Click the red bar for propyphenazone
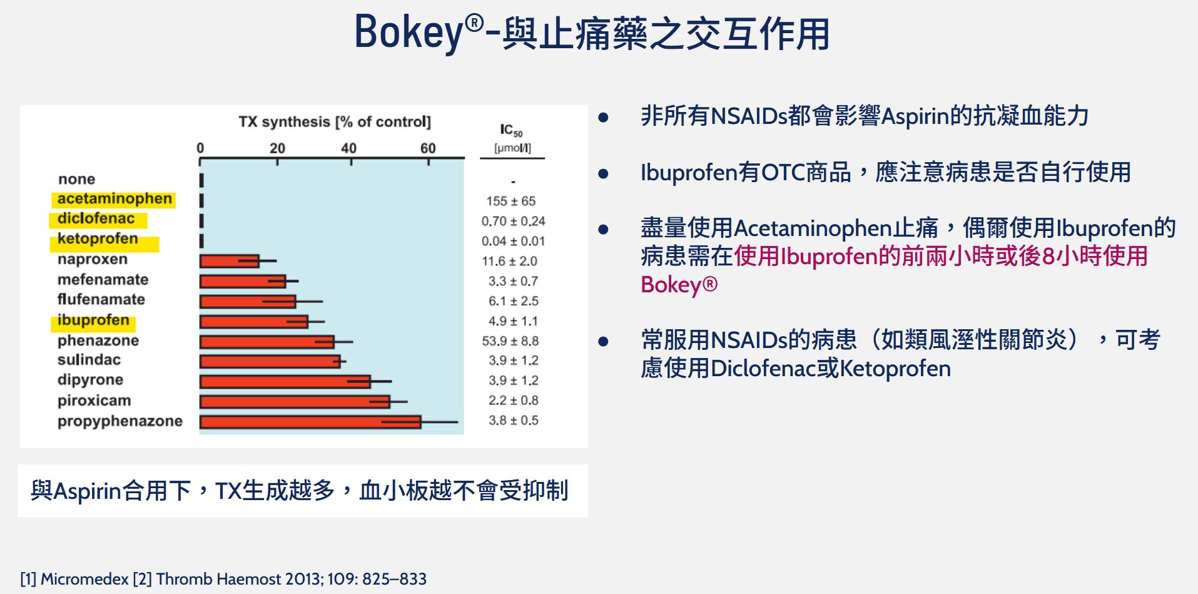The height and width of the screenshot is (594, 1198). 310,422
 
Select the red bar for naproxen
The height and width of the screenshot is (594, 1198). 229,261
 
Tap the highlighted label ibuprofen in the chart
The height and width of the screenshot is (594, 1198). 93,320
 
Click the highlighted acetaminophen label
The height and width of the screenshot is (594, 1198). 114,199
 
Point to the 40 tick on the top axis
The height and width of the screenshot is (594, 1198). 348,148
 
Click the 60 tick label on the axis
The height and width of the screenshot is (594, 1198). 428,148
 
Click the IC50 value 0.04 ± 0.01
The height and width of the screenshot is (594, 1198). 513,241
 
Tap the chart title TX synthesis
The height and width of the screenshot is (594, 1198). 335,121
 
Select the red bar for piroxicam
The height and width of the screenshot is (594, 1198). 294,401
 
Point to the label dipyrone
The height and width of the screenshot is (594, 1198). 90,380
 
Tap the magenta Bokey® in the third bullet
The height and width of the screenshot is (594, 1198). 679,285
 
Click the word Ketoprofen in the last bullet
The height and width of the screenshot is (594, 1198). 895,369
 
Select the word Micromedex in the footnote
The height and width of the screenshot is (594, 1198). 84,579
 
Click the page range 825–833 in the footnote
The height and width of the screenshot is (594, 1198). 394,579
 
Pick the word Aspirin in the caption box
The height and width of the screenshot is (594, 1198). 87,491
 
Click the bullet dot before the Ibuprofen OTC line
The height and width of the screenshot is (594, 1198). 603,173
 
